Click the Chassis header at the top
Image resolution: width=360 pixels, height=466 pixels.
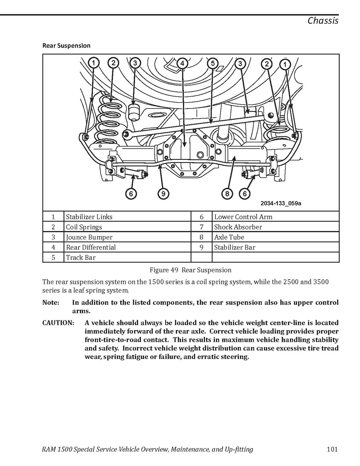(323, 21)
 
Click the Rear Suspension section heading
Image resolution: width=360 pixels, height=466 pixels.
(66, 46)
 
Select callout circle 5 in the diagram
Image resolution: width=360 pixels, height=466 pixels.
(212, 63)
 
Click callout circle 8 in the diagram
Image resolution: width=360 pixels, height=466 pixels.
(227, 193)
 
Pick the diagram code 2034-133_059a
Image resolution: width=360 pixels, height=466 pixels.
(281, 203)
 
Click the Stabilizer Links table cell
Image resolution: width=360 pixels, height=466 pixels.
(89, 217)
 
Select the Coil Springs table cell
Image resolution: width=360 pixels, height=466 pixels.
(84, 227)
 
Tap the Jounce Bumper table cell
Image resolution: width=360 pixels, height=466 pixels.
(89, 237)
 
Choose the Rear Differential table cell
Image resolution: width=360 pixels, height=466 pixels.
(91, 247)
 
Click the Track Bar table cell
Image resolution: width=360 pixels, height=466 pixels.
(80, 258)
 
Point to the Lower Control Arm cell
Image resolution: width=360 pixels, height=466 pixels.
(243, 217)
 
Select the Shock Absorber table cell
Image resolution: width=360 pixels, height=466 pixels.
(238, 227)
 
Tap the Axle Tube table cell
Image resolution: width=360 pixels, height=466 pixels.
(229, 237)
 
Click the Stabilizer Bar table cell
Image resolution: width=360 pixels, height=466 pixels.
(234, 247)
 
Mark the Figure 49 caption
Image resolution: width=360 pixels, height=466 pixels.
(190, 270)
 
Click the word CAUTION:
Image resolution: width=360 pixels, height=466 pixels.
(58, 323)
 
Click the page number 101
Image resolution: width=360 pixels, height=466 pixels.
(332, 450)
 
